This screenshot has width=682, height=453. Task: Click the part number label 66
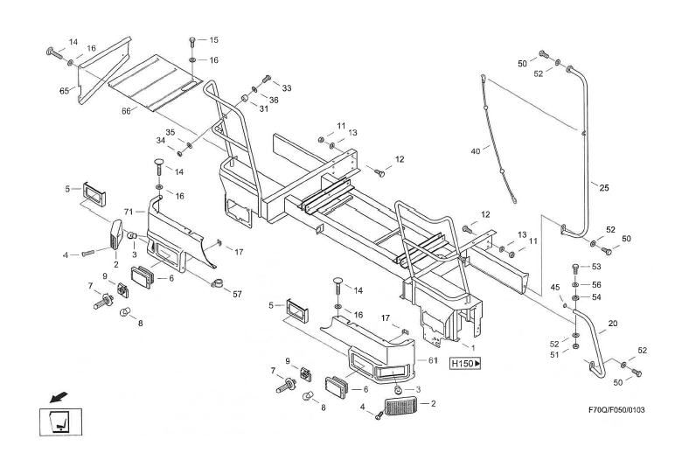coord(124,110)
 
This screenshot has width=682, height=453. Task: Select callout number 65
coord(65,90)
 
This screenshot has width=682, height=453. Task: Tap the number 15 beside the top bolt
coord(214,39)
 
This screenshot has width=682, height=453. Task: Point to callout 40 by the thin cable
coord(475,151)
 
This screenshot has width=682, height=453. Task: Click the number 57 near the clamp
coord(236,294)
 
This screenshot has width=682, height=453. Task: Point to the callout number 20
coord(613,324)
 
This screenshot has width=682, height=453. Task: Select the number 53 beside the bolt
coord(597,266)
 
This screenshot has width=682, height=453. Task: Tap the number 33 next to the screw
coord(287,87)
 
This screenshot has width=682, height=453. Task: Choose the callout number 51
coord(554,353)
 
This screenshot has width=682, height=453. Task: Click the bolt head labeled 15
coord(192,40)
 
